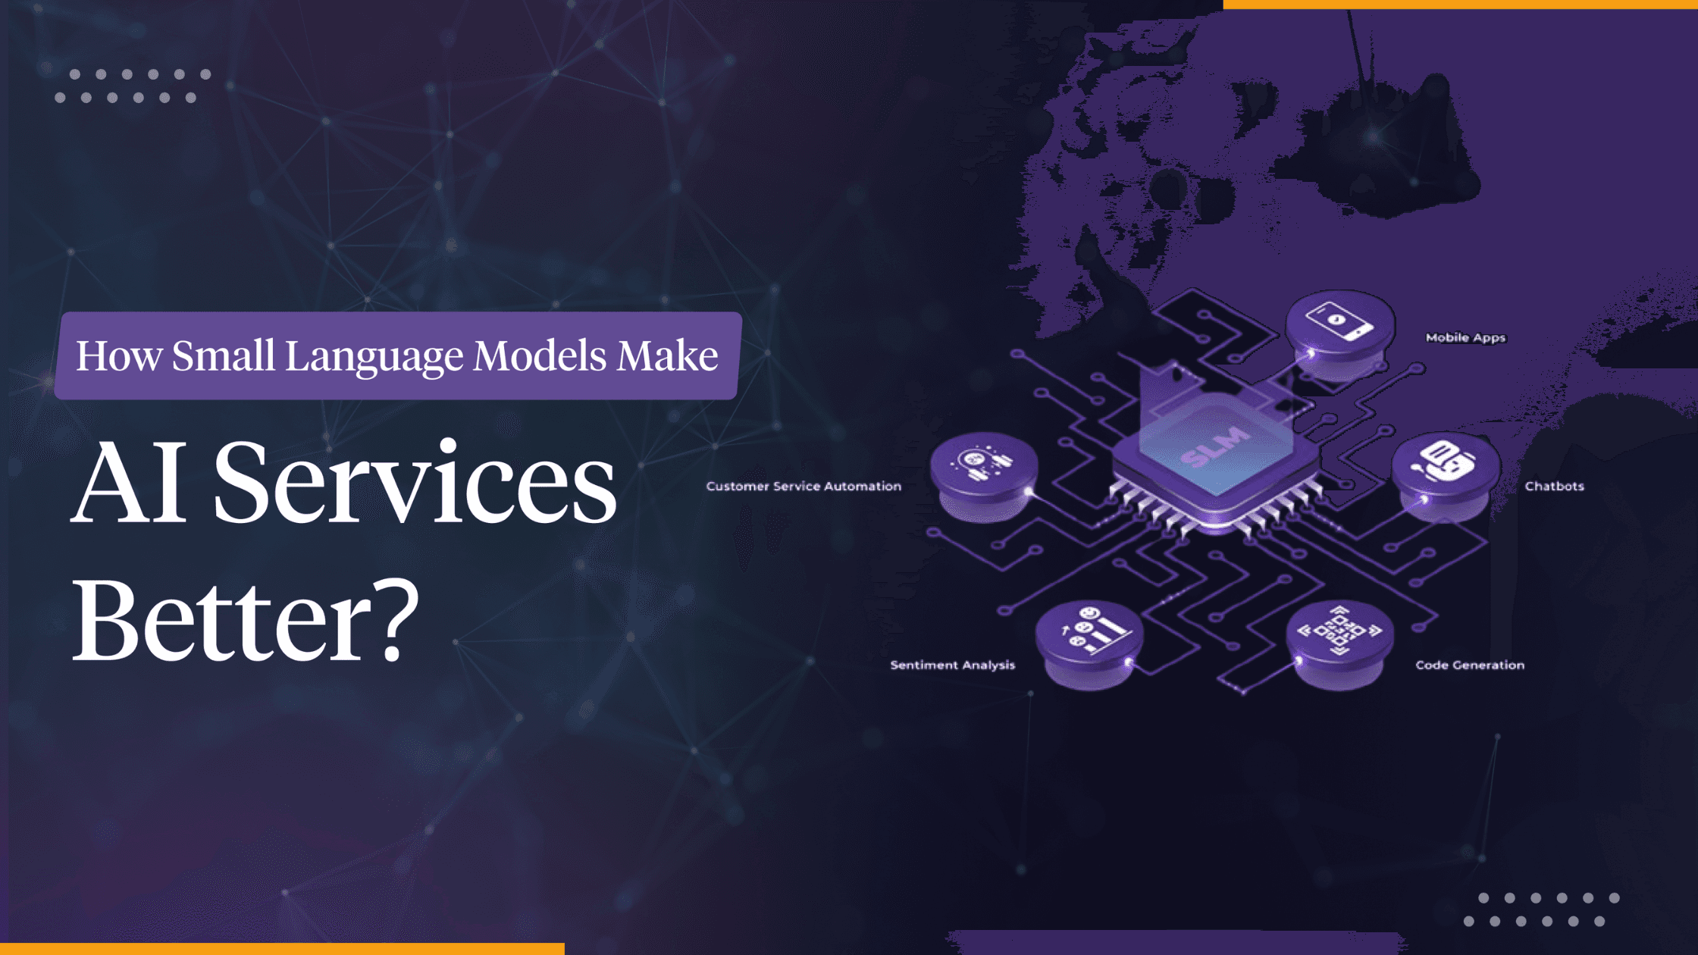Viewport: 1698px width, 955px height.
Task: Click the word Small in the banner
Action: tap(223, 355)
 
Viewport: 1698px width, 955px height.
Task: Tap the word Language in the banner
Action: tap(374, 357)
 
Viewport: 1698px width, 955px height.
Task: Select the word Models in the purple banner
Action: tap(540, 355)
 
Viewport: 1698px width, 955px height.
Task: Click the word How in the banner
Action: tap(119, 355)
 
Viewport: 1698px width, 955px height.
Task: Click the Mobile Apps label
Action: tap(1465, 338)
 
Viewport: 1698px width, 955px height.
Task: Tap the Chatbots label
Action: tap(1554, 487)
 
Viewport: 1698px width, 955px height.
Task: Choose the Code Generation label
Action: tap(1470, 665)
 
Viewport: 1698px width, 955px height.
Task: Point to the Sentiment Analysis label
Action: tap(952, 665)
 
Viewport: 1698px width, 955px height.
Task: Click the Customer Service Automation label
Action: tap(804, 487)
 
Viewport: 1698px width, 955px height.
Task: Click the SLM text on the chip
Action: tap(1215, 447)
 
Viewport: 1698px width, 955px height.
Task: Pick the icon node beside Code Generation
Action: tap(1339, 633)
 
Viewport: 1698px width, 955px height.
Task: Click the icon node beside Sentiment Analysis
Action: tap(1089, 633)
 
